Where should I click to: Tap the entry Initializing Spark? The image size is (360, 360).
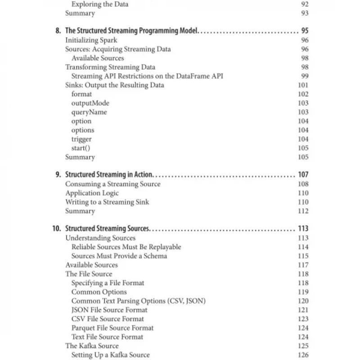point(91,40)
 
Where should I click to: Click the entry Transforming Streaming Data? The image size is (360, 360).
point(110,67)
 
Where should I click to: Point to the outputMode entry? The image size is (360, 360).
point(90,103)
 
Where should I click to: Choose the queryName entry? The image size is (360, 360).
point(89,112)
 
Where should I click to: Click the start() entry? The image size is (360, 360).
point(81,148)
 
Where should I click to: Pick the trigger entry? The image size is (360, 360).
point(81,139)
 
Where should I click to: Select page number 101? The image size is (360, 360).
point(303,85)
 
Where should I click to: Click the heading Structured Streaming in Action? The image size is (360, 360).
point(109,175)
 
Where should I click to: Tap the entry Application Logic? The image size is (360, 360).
point(92,193)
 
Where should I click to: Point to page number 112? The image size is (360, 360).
point(303,211)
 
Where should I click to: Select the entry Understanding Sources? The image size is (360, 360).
point(100,238)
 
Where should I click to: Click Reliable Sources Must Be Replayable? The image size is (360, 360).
point(126,247)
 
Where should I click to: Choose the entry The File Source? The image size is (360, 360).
point(89,274)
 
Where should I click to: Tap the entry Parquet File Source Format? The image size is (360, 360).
point(112,328)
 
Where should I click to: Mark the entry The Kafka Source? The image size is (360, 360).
point(92,346)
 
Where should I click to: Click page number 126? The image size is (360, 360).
point(303,355)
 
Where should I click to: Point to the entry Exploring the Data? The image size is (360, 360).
point(99,4)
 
